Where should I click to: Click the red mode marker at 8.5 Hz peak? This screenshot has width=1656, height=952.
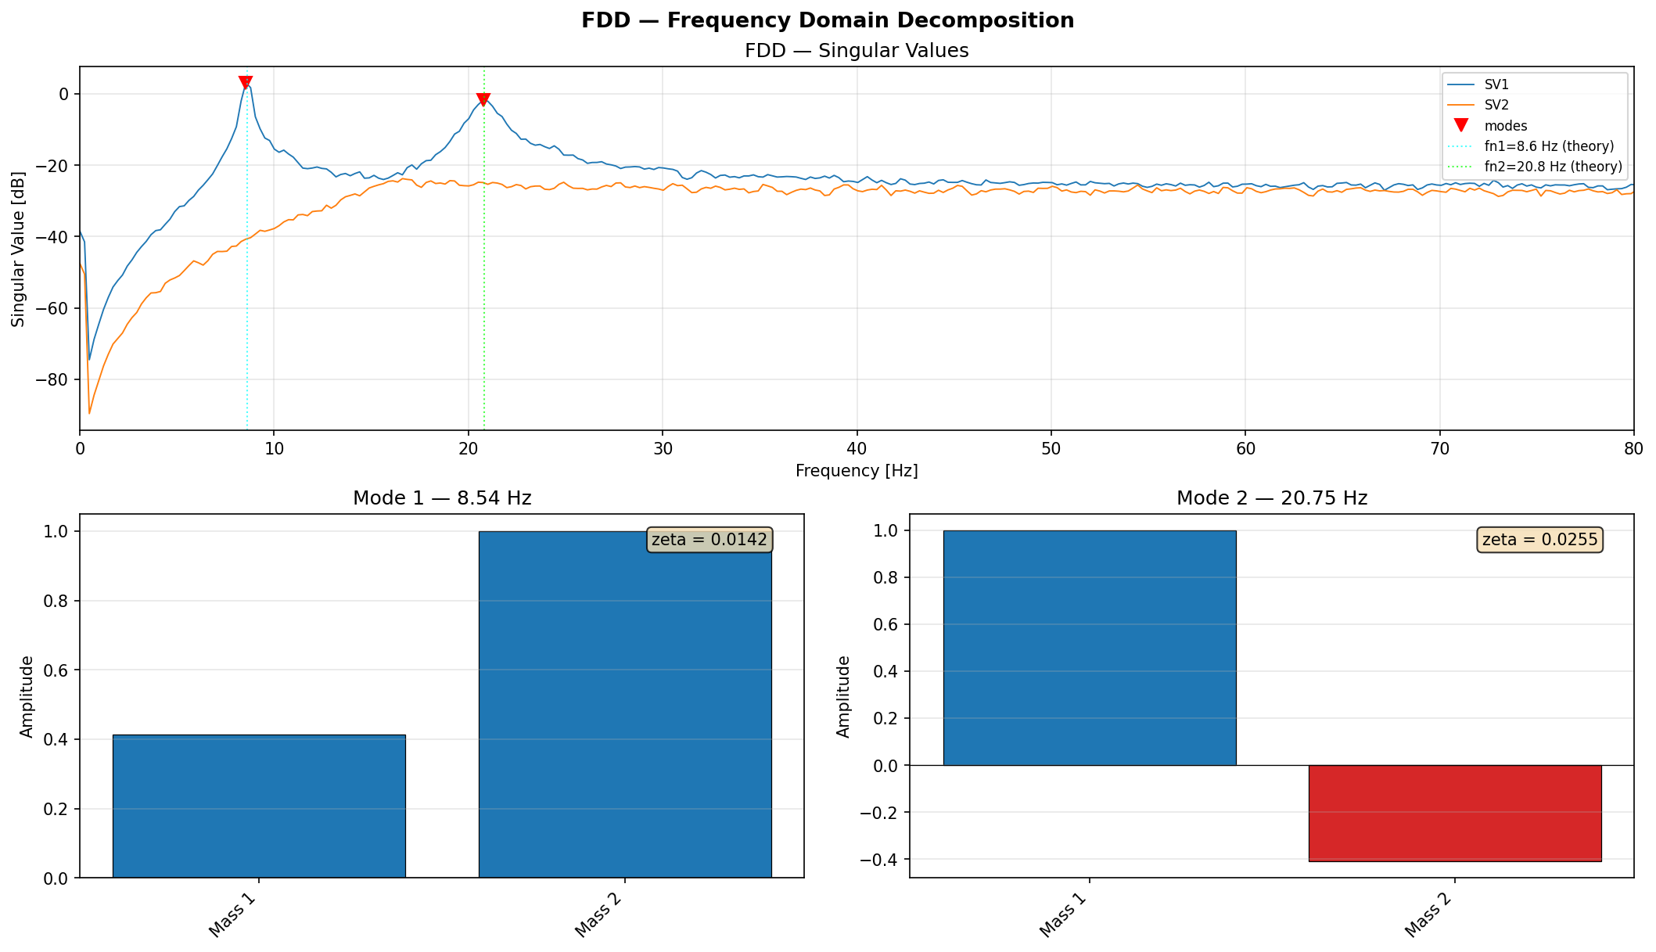(x=245, y=82)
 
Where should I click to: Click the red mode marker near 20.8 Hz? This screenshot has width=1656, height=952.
(x=483, y=99)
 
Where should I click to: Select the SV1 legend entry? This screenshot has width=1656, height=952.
(x=1496, y=84)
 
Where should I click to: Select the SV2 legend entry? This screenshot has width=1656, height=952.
(x=1496, y=105)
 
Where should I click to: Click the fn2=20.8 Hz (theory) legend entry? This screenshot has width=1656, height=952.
(x=1553, y=167)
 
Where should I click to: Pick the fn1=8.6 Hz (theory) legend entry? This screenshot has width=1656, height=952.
(x=1549, y=146)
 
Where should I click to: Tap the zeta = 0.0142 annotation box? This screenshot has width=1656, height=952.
(x=709, y=540)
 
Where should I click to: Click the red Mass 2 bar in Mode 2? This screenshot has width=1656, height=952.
(x=1454, y=813)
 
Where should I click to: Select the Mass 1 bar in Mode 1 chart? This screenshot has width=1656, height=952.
(x=259, y=806)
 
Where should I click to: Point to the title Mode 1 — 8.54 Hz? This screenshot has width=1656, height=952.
(x=442, y=498)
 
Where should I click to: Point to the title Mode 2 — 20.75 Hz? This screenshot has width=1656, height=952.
(x=1271, y=498)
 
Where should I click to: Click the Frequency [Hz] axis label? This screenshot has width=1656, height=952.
(x=857, y=471)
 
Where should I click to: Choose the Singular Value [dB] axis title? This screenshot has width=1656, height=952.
(x=18, y=249)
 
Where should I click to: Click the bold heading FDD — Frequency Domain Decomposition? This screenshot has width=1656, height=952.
(x=828, y=21)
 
